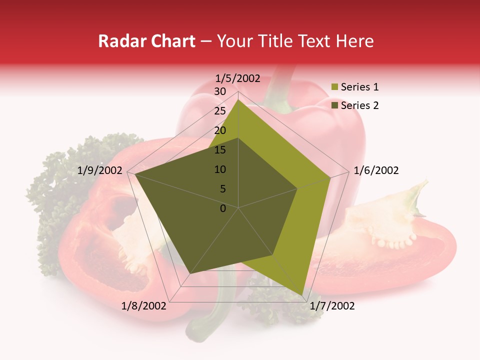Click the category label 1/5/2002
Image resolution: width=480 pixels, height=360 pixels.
pos(238,78)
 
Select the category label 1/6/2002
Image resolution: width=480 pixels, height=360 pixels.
pos(376,170)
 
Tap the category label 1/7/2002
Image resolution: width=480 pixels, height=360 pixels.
pos(332,306)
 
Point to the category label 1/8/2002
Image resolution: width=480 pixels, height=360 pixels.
pos(143,305)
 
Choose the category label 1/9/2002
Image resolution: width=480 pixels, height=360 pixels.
pos(100,170)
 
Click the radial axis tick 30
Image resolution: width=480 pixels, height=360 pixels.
pos(220,91)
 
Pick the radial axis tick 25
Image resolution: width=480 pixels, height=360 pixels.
pos(220,111)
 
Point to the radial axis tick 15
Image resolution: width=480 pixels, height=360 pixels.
pos(220,150)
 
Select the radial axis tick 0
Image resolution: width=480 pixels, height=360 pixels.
pos(223,208)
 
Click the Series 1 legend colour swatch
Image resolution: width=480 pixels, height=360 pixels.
pos(334,87)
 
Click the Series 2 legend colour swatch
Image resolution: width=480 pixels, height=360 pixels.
pos(334,105)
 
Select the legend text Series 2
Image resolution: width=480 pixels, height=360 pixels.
pos(359,105)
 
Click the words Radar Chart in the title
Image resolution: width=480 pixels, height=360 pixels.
pos(146,41)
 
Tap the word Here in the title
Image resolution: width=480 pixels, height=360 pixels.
pos(355,41)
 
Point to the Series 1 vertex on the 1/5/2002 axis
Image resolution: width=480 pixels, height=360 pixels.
pos(238,99)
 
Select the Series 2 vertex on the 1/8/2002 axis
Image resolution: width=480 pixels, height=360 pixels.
pos(189,274)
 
